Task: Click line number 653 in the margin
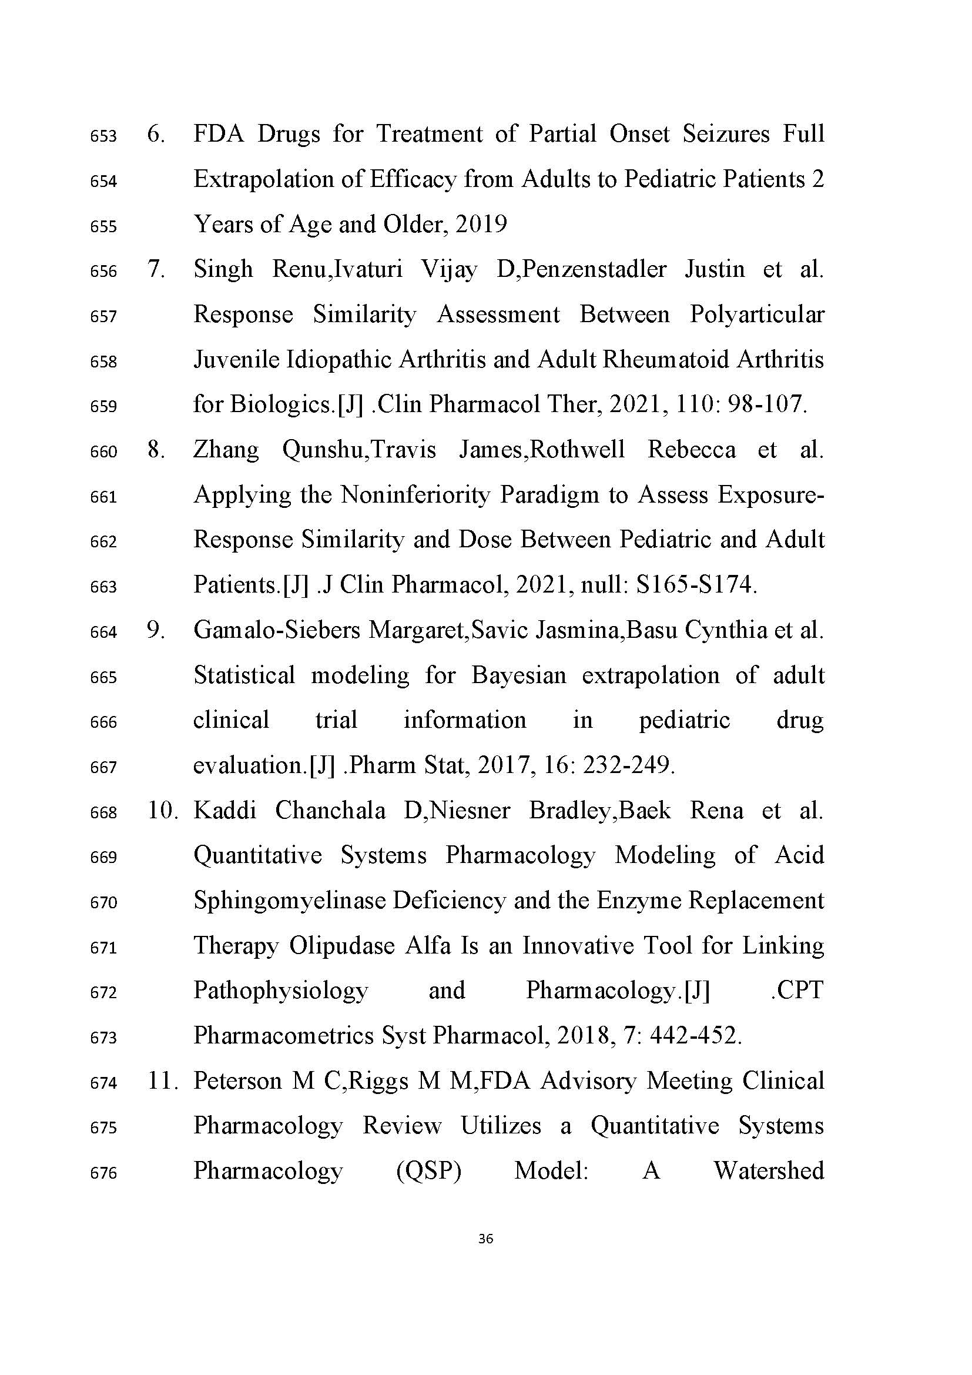point(103,136)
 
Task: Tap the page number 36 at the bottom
point(485,1239)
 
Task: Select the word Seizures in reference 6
point(726,133)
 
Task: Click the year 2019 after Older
point(481,225)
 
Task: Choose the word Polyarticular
point(756,315)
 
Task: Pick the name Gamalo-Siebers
point(277,630)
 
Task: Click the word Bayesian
point(518,675)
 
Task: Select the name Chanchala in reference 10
point(330,811)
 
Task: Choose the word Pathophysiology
point(281,991)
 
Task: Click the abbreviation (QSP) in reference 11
point(428,1171)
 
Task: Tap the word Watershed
point(769,1171)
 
